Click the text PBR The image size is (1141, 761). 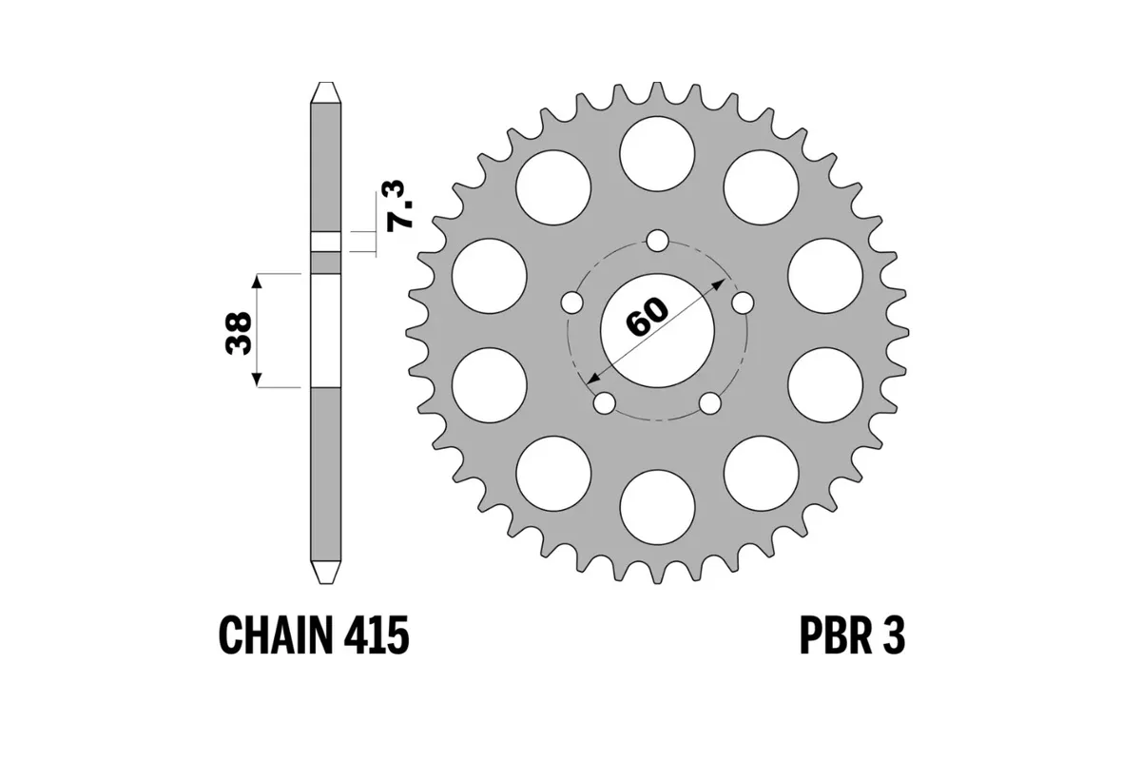pos(826,634)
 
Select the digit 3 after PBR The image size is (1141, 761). pos(893,634)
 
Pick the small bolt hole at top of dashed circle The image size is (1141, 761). pos(657,240)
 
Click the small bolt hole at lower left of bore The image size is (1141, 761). pos(603,403)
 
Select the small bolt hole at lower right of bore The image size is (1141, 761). pos(710,403)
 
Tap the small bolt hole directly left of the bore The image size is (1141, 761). pos(570,302)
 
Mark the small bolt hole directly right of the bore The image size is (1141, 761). pos(744,302)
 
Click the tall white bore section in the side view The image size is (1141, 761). pos(325,330)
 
